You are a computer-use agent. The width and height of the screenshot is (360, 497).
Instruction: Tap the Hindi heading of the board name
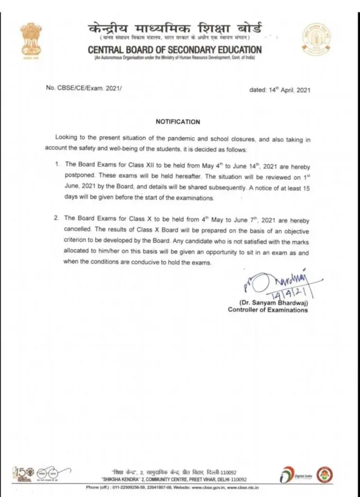[x=174, y=28]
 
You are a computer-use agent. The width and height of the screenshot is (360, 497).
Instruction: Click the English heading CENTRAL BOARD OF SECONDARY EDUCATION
[x=174, y=50]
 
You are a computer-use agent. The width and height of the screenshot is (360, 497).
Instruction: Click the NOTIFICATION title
[x=177, y=121]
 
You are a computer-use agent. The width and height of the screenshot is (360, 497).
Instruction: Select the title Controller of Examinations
[x=268, y=310]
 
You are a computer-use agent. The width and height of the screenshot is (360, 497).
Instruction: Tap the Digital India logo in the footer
[x=292, y=475]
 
